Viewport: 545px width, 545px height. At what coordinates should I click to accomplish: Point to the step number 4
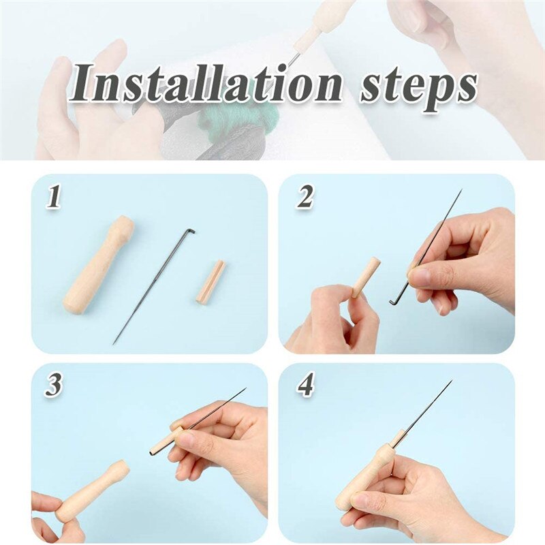tap(306, 385)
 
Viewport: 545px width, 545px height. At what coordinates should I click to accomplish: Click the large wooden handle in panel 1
tap(98, 265)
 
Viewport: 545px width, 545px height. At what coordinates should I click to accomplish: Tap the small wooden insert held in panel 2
tap(366, 277)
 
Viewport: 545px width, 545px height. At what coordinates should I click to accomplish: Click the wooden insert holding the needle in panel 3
tap(166, 441)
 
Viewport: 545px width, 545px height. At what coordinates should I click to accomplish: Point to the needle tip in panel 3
tap(245, 389)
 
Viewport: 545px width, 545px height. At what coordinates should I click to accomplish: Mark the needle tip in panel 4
tap(451, 381)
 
